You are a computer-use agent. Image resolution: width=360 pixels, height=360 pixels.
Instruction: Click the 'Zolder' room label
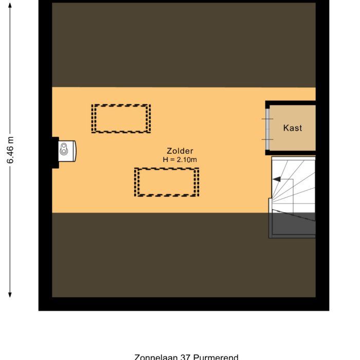179,151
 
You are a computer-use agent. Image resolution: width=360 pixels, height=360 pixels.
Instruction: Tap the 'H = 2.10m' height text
179,160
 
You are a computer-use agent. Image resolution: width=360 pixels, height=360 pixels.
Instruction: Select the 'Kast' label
293,128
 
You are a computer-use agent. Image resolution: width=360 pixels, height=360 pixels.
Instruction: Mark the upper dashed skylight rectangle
121,119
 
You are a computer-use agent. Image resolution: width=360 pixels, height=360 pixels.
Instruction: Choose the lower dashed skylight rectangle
167,182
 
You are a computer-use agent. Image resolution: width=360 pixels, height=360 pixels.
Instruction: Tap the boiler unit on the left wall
67,150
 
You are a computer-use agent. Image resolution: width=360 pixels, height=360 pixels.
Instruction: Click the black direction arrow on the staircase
277,179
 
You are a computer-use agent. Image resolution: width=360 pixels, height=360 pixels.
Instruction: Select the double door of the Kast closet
267,129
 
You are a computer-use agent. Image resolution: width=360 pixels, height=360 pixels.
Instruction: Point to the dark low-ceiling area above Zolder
184,45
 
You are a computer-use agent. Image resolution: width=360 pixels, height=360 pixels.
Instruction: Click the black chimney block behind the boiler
55,152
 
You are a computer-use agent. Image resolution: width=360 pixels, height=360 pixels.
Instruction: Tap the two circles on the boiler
64,150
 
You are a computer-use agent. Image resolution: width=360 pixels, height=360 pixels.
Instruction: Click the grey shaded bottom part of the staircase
292,225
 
